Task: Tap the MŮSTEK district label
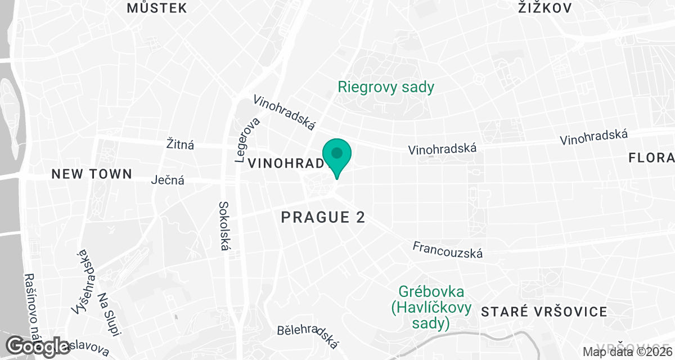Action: click(x=156, y=8)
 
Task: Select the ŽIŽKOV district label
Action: click(x=544, y=8)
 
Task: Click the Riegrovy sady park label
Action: click(x=386, y=87)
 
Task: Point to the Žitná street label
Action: click(x=181, y=145)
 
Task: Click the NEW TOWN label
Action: click(x=92, y=174)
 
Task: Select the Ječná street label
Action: click(x=168, y=181)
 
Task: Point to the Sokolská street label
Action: click(x=226, y=229)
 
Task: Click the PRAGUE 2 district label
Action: click(x=323, y=217)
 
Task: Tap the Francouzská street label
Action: click(x=448, y=250)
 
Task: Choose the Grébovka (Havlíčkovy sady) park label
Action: click(x=431, y=308)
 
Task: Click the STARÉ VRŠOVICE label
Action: click(x=544, y=312)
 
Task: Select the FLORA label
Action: click(x=651, y=159)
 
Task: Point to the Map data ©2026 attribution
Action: click(x=627, y=352)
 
